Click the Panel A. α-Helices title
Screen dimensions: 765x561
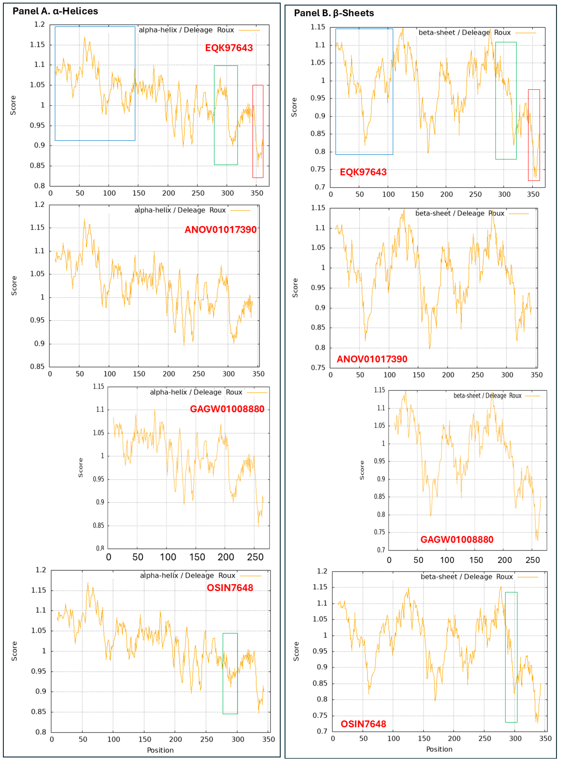click(x=55, y=11)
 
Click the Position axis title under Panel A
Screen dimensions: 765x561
click(x=160, y=750)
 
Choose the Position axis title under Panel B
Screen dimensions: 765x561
click(x=439, y=749)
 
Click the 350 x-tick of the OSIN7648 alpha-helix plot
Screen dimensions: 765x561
click(x=268, y=739)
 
